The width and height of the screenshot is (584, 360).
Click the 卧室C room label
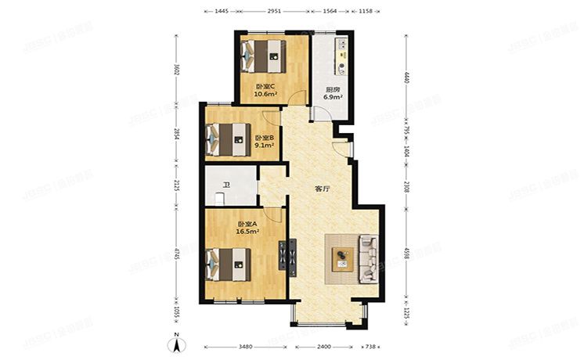pos(263,87)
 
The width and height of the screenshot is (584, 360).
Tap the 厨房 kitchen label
pos(332,89)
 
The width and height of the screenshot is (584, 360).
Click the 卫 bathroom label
pos(225,185)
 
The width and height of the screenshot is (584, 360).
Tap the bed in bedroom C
pos(263,56)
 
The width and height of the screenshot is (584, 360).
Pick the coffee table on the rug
pos(341,257)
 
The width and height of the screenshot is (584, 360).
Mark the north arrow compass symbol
pos(178,343)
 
